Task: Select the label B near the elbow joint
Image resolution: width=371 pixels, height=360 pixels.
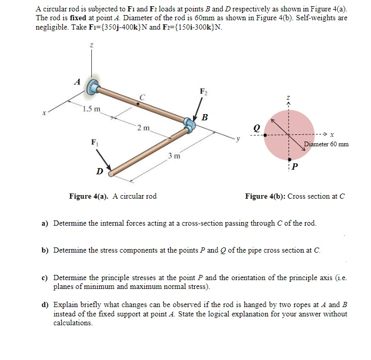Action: click(x=204, y=118)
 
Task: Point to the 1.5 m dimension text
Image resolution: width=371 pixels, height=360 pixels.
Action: click(x=92, y=109)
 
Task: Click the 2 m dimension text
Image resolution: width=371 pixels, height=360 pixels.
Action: click(x=143, y=128)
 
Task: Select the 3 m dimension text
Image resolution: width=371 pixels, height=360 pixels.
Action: click(x=174, y=156)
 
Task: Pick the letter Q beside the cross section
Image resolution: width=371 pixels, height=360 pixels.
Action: click(x=256, y=126)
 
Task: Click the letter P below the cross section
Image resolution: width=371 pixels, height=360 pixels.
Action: click(x=295, y=166)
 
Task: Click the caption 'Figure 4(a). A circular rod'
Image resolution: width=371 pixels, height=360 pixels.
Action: click(x=113, y=196)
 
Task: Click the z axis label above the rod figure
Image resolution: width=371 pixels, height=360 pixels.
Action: click(x=92, y=46)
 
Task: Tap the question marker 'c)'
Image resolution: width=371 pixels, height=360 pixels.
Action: click(x=45, y=277)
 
